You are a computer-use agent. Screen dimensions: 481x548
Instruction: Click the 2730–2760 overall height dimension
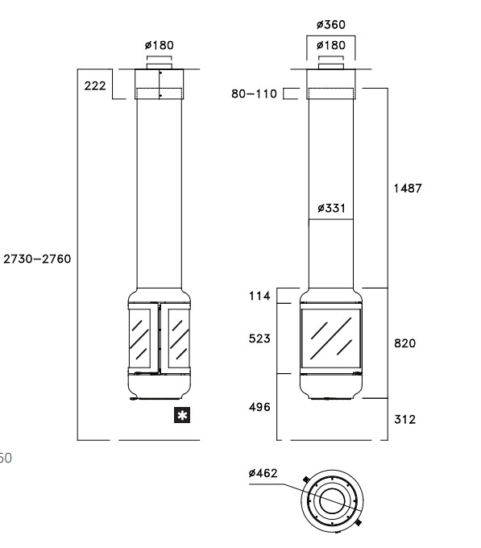click(37, 259)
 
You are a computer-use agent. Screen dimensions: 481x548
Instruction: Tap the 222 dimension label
click(95, 86)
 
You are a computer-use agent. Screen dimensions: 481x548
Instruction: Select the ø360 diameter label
click(331, 25)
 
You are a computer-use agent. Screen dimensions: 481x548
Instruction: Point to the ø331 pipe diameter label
click(331, 208)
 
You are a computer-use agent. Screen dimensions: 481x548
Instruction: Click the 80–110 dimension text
click(254, 93)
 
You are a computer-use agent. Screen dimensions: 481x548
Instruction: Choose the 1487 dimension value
click(408, 189)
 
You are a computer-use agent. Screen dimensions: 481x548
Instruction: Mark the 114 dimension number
click(259, 296)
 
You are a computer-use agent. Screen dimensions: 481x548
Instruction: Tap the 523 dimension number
click(259, 338)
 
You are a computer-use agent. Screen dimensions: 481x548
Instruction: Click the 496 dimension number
click(259, 407)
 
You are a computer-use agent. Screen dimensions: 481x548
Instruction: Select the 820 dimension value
click(404, 343)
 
